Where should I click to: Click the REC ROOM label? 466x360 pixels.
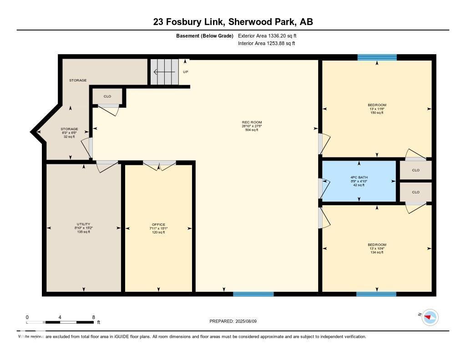coord(252,122)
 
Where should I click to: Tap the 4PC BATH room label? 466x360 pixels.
coord(359,177)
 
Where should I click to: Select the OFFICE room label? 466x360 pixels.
coord(158,224)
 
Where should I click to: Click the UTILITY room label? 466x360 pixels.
coord(83,224)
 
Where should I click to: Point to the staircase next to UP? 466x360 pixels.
coord(164,71)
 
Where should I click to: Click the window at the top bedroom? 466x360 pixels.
coord(377,57)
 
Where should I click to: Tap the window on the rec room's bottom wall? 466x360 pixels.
coord(253,294)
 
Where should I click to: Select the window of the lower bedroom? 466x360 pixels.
coord(376,294)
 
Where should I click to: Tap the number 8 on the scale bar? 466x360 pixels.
coord(93,317)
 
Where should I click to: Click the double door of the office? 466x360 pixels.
coord(159,165)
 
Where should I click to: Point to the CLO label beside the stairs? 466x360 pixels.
coord(107,96)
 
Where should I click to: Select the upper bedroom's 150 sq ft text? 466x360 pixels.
coord(377,112)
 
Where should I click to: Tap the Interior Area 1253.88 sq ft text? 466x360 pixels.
coord(267,44)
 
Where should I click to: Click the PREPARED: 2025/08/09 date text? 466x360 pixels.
coord(236,321)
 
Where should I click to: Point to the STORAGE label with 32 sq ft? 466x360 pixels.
coord(69,129)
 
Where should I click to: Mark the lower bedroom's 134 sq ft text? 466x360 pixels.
coord(377,252)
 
